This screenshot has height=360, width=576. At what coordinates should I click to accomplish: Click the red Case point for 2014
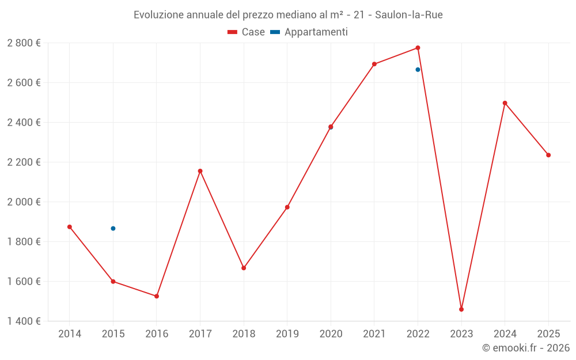(70, 227)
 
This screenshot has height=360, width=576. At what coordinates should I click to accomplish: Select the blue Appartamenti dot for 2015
(113, 229)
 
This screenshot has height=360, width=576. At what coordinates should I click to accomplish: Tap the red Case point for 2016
(157, 296)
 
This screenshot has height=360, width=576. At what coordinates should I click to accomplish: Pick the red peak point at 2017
(200, 171)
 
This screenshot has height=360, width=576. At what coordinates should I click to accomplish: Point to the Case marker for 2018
(244, 268)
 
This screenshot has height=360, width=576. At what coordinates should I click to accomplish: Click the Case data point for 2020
(331, 127)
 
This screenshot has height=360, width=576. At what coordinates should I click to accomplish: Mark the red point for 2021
(374, 64)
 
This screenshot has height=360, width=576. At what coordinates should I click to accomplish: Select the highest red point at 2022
(418, 48)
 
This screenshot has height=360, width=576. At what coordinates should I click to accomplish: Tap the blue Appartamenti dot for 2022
(418, 70)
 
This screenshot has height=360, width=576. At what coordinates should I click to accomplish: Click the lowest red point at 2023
(461, 309)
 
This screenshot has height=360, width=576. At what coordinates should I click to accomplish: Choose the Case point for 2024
(505, 103)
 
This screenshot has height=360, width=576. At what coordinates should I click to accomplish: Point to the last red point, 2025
(548, 155)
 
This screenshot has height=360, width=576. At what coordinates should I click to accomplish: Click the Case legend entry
(247, 32)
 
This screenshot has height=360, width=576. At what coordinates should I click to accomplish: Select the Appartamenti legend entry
(309, 32)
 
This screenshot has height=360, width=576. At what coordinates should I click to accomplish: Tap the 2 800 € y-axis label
(24, 43)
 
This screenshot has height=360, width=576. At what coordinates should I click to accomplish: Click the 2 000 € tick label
(24, 202)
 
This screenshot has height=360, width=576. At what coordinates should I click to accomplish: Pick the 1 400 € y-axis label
(24, 321)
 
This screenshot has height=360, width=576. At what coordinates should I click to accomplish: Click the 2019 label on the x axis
(287, 334)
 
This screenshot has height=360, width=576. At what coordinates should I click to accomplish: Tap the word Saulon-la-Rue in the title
(408, 14)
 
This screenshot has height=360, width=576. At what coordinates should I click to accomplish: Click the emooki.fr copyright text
(525, 348)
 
